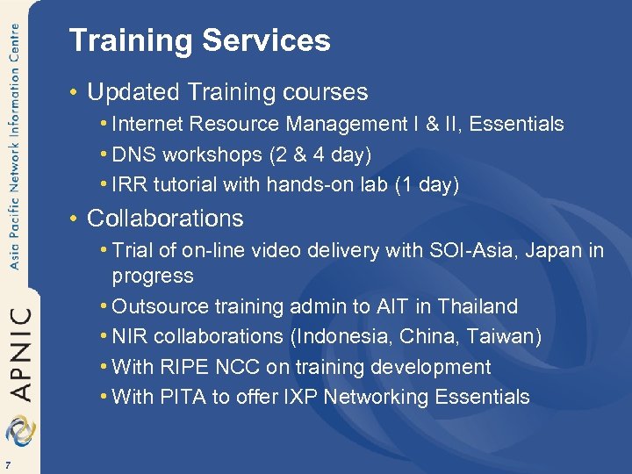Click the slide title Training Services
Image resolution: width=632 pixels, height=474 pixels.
[x=199, y=41]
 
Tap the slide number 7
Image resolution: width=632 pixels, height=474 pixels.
[x=7, y=464]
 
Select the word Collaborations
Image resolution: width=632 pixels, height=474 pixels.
[x=165, y=218]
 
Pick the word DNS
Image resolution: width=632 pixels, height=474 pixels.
[x=132, y=155]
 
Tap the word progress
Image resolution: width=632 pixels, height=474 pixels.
[x=153, y=276]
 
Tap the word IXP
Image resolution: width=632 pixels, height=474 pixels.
[x=299, y=398]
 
